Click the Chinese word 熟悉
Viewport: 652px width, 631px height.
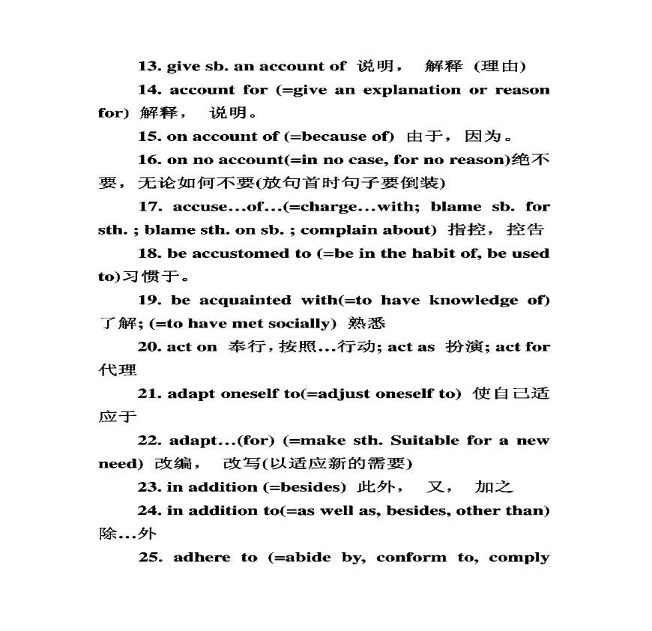(366, 324)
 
